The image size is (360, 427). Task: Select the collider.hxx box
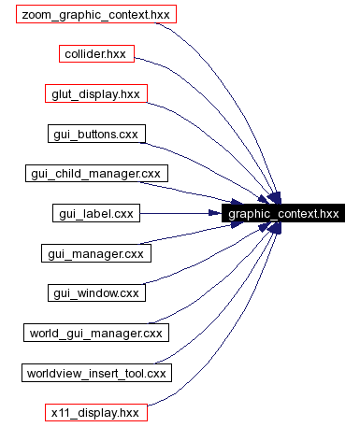point(96,55)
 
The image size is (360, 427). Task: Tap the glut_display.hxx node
point(96,94)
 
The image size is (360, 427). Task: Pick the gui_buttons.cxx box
point(96,134)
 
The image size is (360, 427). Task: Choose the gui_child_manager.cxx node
point(96,174)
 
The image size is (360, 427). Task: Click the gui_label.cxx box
point(96,214)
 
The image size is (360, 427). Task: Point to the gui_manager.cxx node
point(96,253)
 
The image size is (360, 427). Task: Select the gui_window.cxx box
point(96,292)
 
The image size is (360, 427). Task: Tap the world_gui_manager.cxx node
point(96,332)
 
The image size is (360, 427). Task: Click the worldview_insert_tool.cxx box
point(96,373)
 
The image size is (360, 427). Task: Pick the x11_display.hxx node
point(96,412)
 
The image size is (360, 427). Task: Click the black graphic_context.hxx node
point(283,214)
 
